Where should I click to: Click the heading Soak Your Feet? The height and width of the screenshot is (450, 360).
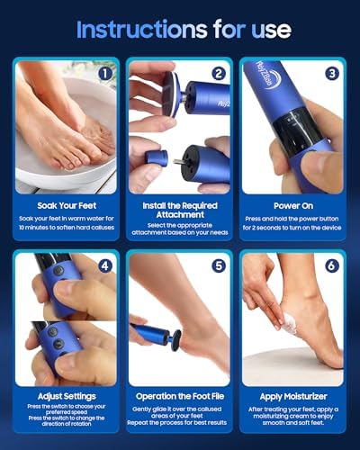point(67,208)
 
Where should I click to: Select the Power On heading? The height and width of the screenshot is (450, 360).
point(292,208)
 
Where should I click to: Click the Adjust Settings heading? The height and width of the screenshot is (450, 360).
point(67,396)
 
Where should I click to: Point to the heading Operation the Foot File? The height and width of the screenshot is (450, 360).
point(180,396)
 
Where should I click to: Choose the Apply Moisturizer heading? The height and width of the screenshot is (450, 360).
point(292,396)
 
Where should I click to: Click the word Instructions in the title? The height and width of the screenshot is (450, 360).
point(136,29)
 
